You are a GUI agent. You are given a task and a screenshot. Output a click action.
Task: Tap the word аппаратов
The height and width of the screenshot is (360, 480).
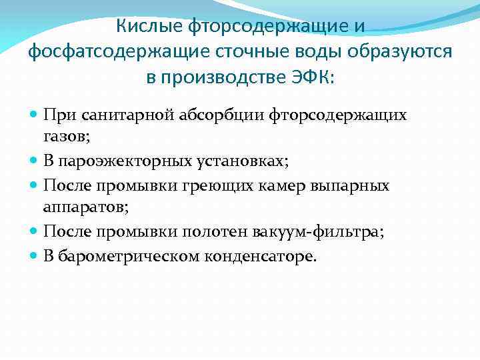(86, 207)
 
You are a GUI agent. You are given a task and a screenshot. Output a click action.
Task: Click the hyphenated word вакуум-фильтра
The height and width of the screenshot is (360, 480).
(316, 231)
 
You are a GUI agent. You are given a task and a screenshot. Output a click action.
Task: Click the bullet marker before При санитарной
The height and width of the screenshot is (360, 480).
(34, 115)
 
